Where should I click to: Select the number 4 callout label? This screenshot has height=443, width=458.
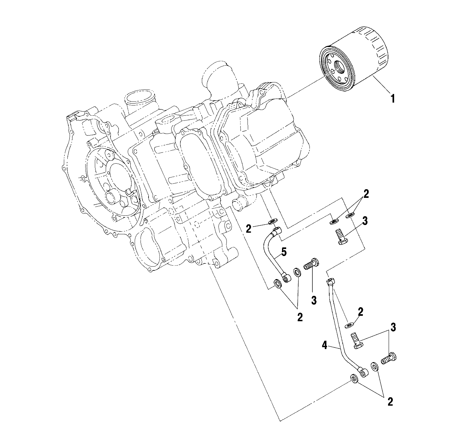[x=324, y=346]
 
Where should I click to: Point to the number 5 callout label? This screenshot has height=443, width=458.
[x=284, y=252]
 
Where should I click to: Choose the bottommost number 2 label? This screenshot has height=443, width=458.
[x=390, y=402]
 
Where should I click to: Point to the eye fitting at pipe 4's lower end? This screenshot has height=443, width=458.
[x=362, y=371]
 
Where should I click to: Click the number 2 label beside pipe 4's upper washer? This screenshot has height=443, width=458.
[x=361, y=312]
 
